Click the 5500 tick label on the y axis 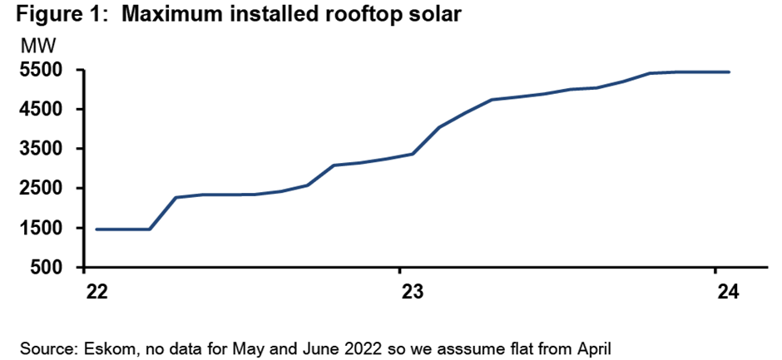(x=42, y=71)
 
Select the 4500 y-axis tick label (x=42, y=110)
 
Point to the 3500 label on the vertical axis (x=42, y=150)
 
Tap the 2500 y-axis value (x=42, y=189)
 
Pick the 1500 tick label (x=42, y=229)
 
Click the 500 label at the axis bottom (x=47, y=268)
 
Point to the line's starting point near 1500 (x=97, y=229)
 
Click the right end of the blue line (x=729, y=72)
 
